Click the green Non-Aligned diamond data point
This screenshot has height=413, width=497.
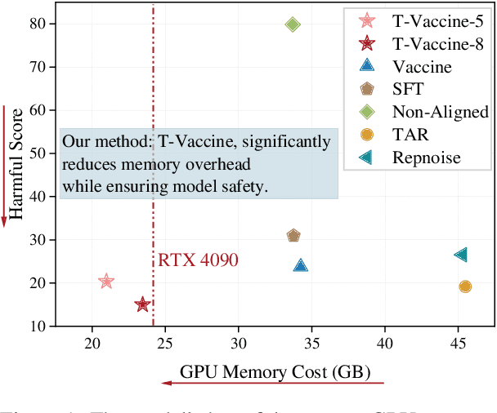click(293, 24)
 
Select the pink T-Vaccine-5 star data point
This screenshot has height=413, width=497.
click(106, 282)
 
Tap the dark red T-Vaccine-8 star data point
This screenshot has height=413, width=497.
click(142, 304)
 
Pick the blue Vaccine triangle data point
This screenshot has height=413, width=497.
click(300, 265)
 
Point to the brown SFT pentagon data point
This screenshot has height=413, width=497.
click(293, 236)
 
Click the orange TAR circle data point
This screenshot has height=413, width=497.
click(465, 286)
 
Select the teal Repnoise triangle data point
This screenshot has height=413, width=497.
click(461, 255)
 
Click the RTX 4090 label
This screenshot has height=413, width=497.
click(198, 260)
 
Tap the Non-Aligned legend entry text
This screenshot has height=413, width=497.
click(440, 112)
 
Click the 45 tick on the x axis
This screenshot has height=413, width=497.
click(458, 343)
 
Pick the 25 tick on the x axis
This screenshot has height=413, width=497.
click(165, 343)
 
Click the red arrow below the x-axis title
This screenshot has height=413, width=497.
click(271, 384)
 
